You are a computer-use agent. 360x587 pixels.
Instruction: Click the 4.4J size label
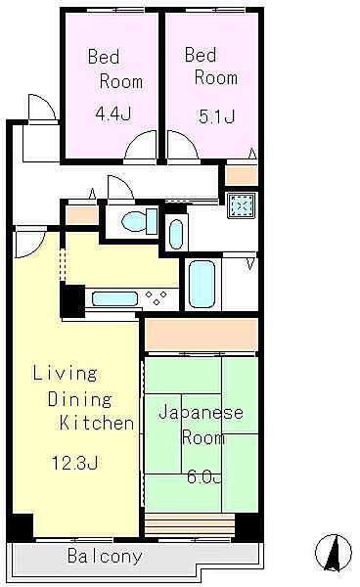click(x=113, y=113)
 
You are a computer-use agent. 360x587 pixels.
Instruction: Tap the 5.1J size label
click(x=216, y=116)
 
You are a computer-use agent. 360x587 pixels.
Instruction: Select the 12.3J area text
click(x=75, y=463)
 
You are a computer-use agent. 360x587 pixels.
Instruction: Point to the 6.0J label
click(x=204, y=477)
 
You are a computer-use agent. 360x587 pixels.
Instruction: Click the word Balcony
click(x=105, y=557)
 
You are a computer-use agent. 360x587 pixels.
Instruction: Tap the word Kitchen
click(x=97, y=423)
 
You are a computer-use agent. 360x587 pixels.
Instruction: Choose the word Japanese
click(x=201, y=413)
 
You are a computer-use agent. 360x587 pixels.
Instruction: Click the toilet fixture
click(x=140, y=221)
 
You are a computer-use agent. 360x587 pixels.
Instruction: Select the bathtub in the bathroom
click(x=202, y=284)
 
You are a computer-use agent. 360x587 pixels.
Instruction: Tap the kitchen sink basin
click(x=114, y=299)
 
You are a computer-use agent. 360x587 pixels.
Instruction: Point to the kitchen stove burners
click(x=157, y=298)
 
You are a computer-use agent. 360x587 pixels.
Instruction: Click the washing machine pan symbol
click(x=242, y=205)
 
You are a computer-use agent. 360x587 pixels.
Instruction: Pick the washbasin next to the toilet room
click(x=176, y=234)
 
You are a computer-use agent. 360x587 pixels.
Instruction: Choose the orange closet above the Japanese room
click(x=202, y=334)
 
